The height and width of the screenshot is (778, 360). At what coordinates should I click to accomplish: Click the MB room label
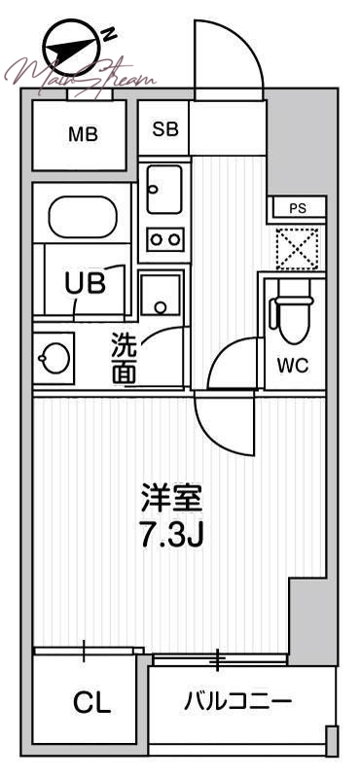82,135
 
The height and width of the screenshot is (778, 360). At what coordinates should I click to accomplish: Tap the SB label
164,127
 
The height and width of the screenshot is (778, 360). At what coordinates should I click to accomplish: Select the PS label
298,208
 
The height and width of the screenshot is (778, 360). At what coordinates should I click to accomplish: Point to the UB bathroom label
85,284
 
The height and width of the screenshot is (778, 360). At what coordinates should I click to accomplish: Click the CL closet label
91,702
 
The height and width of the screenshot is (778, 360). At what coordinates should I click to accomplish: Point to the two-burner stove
164,237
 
